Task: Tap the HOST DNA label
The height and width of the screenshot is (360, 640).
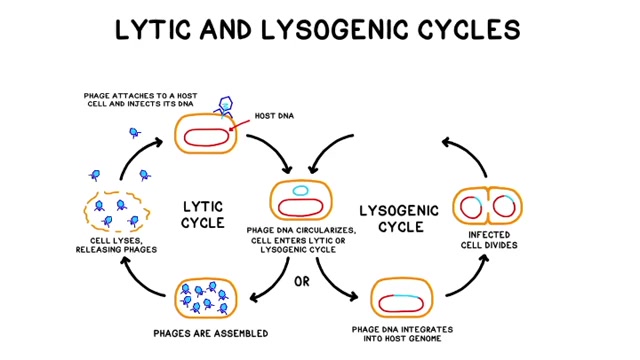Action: click(274, 116)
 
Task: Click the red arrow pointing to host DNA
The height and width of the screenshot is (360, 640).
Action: click(240, 125)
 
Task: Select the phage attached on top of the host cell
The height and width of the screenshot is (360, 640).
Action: click(224, 107)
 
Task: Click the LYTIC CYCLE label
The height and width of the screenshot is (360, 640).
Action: click(203, 215)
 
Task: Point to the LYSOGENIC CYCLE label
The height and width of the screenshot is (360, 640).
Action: click(399, 219)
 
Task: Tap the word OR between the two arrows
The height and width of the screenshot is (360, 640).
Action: click(302, 282)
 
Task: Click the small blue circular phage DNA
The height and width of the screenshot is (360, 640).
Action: click(300, 190)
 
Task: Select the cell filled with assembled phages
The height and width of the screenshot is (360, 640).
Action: click(206, 299)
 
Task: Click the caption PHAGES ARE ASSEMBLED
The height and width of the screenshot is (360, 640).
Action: click(211, 333)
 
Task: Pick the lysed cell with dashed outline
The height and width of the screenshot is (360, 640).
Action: click(117, 211)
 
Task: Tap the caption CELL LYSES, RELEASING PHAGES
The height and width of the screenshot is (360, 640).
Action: click(116, 245)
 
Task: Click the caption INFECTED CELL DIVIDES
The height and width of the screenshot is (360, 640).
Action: click(489, 240)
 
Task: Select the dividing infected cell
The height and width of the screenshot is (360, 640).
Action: click(487, 206)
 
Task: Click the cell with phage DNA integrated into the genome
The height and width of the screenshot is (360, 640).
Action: click(402, 298)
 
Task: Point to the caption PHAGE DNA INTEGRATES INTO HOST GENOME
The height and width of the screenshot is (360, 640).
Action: click(402, 334)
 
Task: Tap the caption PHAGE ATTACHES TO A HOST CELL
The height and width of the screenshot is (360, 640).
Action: click(140, 100)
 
